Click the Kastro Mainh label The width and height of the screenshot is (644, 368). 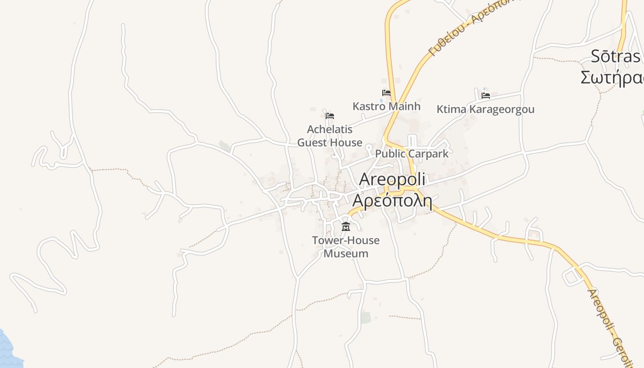[x=386, y=106]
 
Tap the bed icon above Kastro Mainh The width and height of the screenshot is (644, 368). [x=386, y=93]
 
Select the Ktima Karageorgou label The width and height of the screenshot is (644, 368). [x=485, y=109]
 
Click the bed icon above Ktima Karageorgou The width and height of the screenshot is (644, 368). [x=486, y=96]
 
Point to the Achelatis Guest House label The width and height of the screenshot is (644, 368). [x=330, y=136]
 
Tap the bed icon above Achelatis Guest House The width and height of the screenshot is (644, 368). [x=330, y=116]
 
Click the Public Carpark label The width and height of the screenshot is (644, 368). [x=412, y=154]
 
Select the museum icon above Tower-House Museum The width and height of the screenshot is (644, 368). [x=346, y=226]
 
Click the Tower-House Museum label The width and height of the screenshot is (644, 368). [x=346, y=247]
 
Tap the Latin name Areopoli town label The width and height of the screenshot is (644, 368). [x=392, y=179]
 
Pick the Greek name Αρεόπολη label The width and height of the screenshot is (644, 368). [x=392, y=201]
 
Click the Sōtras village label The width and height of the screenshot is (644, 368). [x=615, y=57]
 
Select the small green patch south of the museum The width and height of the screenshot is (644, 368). [x=366, y=317]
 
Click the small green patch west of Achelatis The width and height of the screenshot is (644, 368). [x=224, y=146]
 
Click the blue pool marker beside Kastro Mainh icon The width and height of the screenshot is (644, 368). [x=382, y=100]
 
